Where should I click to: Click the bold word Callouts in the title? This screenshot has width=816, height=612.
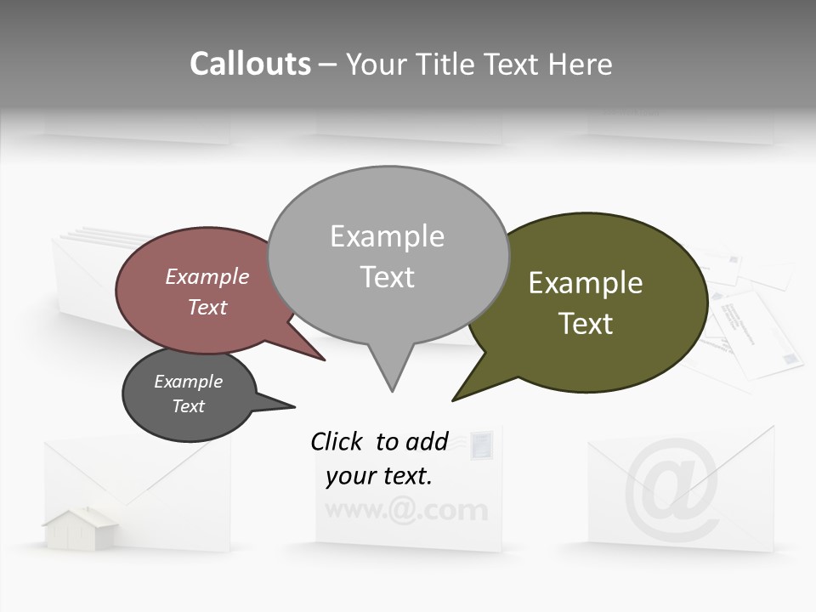[250, 64]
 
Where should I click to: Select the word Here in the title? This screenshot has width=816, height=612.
[579, 64]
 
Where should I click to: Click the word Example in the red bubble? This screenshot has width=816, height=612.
[207, 276]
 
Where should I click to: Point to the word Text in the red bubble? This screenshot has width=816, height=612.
[207, 307]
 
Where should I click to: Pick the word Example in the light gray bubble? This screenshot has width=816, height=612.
[387, 236]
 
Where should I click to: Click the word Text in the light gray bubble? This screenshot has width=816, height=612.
[387, 277]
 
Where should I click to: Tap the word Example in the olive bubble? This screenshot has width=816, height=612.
[586, 283]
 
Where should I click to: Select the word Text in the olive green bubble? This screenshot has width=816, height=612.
[586, 324]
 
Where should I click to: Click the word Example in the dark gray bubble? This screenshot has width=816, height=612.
[188, 382]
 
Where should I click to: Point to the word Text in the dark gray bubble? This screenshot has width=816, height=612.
[188, 406]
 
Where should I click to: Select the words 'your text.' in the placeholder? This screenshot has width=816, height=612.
[379, 476]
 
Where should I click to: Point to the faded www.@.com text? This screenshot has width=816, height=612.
[406, 511]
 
